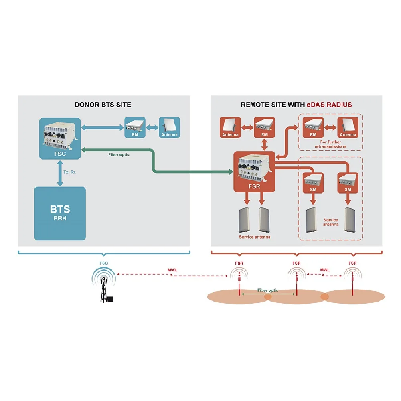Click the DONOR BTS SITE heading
[x=103, y=105]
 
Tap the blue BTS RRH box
[x=60, y=213]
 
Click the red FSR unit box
[x=254, y=171]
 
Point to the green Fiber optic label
[x=119, y=154]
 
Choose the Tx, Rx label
[x=70, y=172]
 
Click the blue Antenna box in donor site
[x=170, y=128]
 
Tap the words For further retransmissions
[x=330, y=144]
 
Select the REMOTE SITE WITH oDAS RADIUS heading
[x=296, y=105]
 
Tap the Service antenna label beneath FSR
[x=254, y=237]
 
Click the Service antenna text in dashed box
[x=331, y=222]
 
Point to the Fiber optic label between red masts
[x=268, y=290]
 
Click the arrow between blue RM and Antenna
[x=152, y=127]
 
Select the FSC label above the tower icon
[x=104, y=263]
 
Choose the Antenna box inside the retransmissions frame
[x=348, y=128]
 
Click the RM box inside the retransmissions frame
[x=313, y=128]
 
